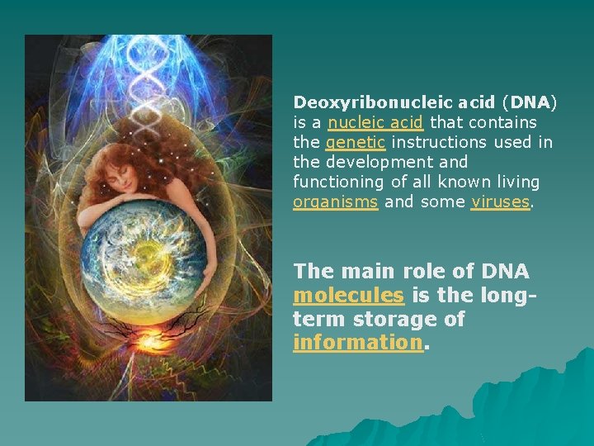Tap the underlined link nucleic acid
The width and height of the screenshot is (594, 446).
click(375, 122)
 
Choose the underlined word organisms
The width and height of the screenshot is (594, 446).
click(335, 202)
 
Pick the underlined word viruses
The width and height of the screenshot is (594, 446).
click(500, 202)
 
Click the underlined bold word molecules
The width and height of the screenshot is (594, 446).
click(348, 295)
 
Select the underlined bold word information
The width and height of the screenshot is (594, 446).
click(358, 342)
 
